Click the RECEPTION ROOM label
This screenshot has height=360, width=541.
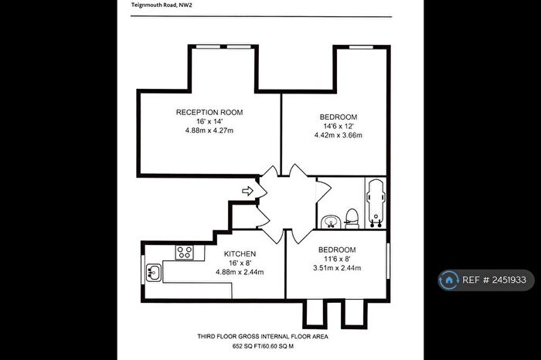(209, 112)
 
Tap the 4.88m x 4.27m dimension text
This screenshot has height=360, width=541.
(209, 131)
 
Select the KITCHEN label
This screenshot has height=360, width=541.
(240, 253)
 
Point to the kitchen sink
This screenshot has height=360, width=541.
(152, 271)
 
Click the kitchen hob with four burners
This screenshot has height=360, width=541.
(184, 251)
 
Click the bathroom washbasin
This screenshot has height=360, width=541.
(331, 222)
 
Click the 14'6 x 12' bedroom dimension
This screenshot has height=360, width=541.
(339, 126)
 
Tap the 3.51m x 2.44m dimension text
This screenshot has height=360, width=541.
(337, 268)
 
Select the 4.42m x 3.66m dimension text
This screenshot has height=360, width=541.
(339, 135)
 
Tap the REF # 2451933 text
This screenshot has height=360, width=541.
(495, 280)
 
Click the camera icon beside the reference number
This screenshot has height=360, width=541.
(449, 280)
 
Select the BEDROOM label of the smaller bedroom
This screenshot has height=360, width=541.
(337, 250)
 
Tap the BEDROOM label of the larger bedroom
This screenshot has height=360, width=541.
(339, 117)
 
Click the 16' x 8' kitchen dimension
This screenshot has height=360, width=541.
(240, 263)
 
